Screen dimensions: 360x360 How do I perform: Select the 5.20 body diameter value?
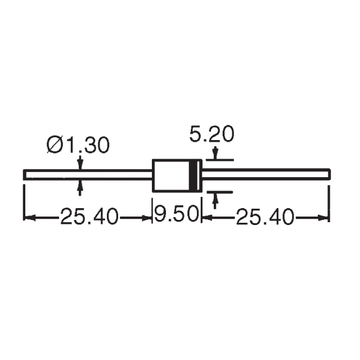point(211,135)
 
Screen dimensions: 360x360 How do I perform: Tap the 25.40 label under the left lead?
point(90,217)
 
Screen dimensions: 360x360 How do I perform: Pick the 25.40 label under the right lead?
point(265,217)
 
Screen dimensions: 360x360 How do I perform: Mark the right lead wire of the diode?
point(265,174)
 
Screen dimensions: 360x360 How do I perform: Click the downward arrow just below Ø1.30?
point(80,164)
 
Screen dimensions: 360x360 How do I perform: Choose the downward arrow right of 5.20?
point(214,154)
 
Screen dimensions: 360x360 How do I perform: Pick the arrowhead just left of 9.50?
point(148,217)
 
